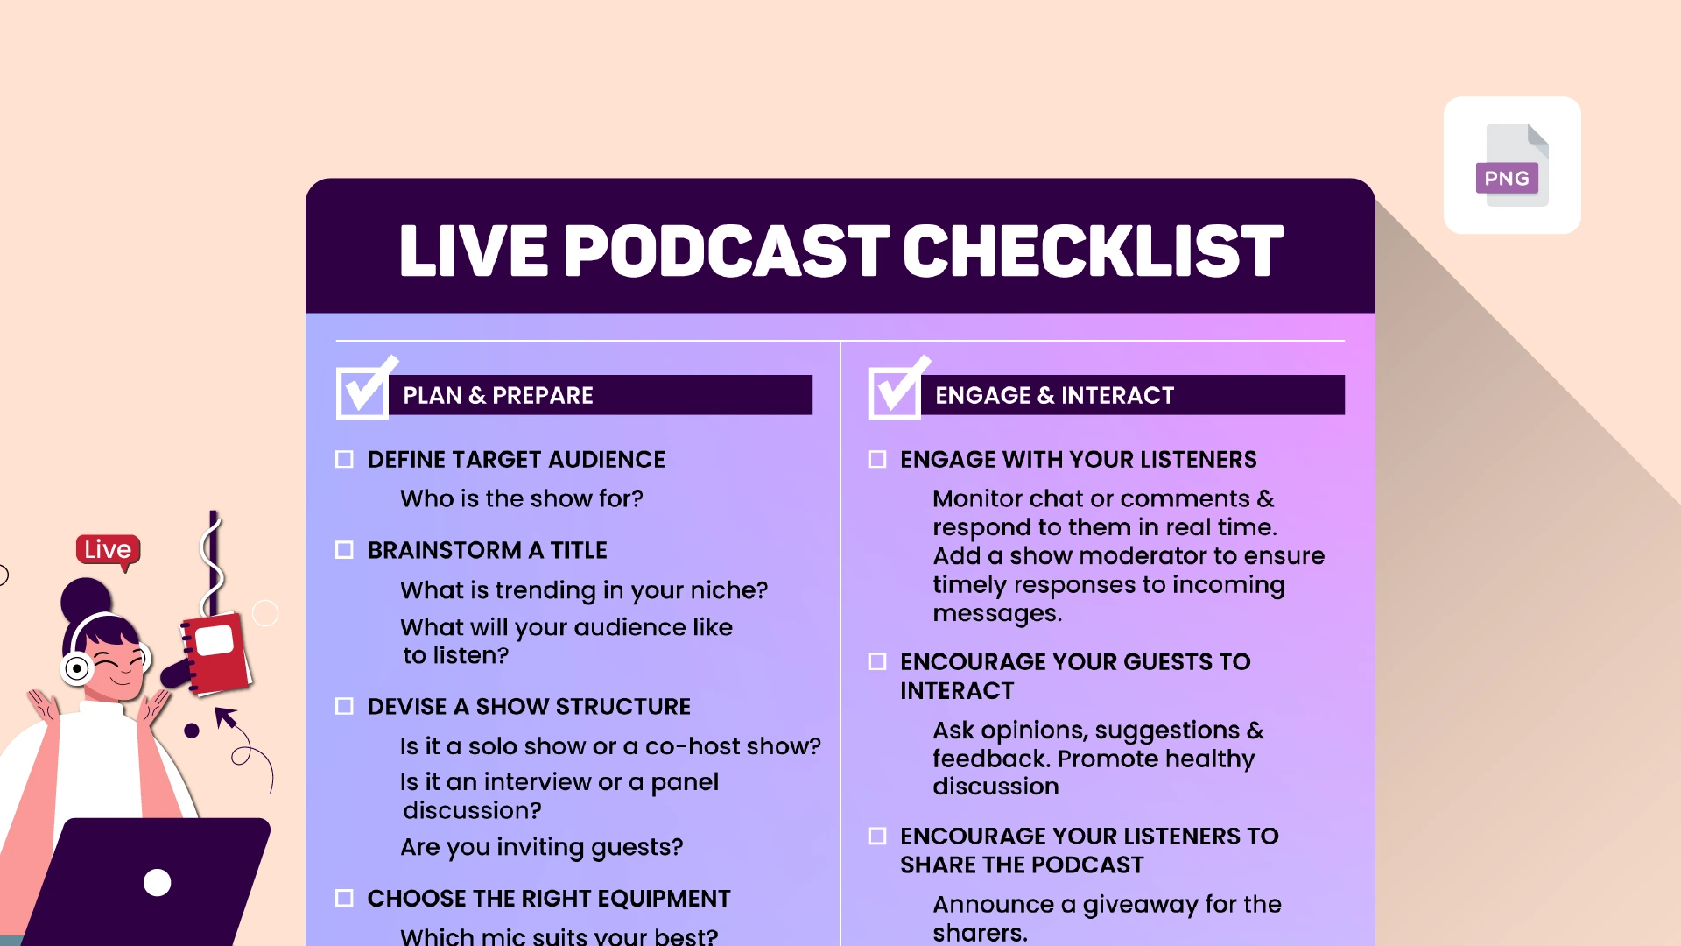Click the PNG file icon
tap(1512, 166)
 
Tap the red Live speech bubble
tap(109, 551)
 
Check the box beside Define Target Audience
tap(345, 460)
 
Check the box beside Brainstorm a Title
tap(345, 550)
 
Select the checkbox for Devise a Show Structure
tap(345, 706)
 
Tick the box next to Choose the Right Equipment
tap(345, 898)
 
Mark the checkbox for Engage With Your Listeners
tap(877, 460)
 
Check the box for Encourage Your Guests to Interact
tap(877, 661)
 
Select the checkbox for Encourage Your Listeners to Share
tap(877, 836)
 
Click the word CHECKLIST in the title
tap(1093, 251)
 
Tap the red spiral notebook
tap(215, 653)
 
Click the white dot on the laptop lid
tap(158, 882)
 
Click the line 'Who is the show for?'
tap(522, 498)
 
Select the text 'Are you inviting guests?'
tap(542, 847)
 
